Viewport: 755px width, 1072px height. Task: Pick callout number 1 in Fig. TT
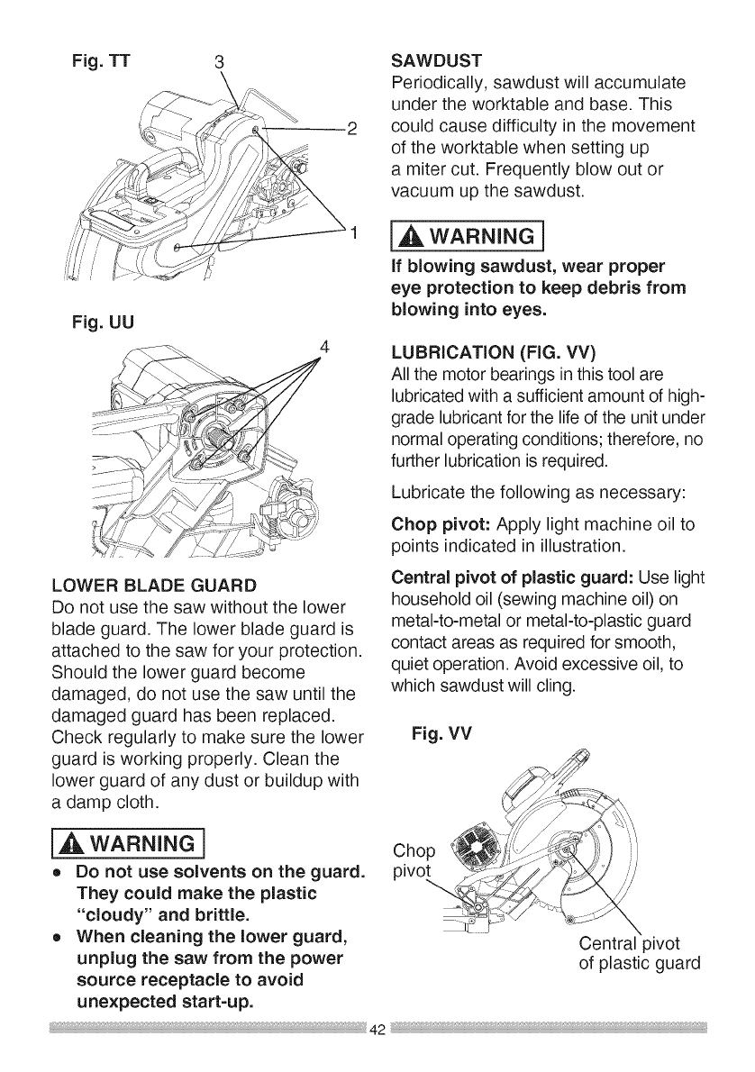[x=355, y=237]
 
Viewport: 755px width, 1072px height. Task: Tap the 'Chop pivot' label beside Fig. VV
[x=414, y=863]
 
